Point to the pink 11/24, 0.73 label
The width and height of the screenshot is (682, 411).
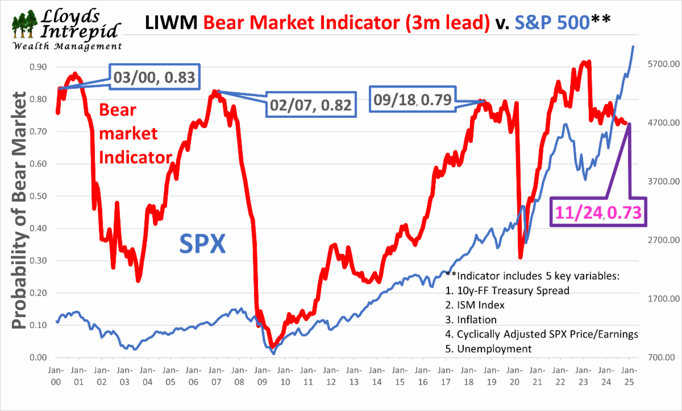point(598,213)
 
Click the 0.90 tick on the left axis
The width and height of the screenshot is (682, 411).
point(38,67)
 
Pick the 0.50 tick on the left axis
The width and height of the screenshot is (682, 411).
point(38,196)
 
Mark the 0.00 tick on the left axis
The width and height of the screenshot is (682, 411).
point(38,357)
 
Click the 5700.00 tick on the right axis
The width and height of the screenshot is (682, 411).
point(659,64)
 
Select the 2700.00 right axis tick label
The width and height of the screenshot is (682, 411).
point(659,240)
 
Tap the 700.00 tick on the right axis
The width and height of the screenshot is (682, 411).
point(659,357)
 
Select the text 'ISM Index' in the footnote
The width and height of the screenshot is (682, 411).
point(483,305)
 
